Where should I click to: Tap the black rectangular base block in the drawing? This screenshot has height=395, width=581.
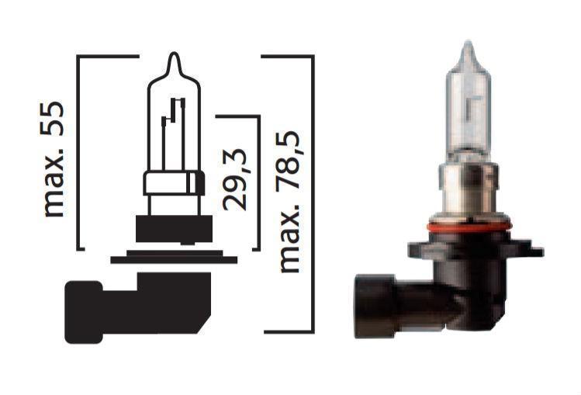[x=171, y=231]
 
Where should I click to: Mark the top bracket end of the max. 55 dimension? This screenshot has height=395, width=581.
[x=109, y=57]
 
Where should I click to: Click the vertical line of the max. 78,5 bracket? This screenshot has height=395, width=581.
[x=313, y=194]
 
